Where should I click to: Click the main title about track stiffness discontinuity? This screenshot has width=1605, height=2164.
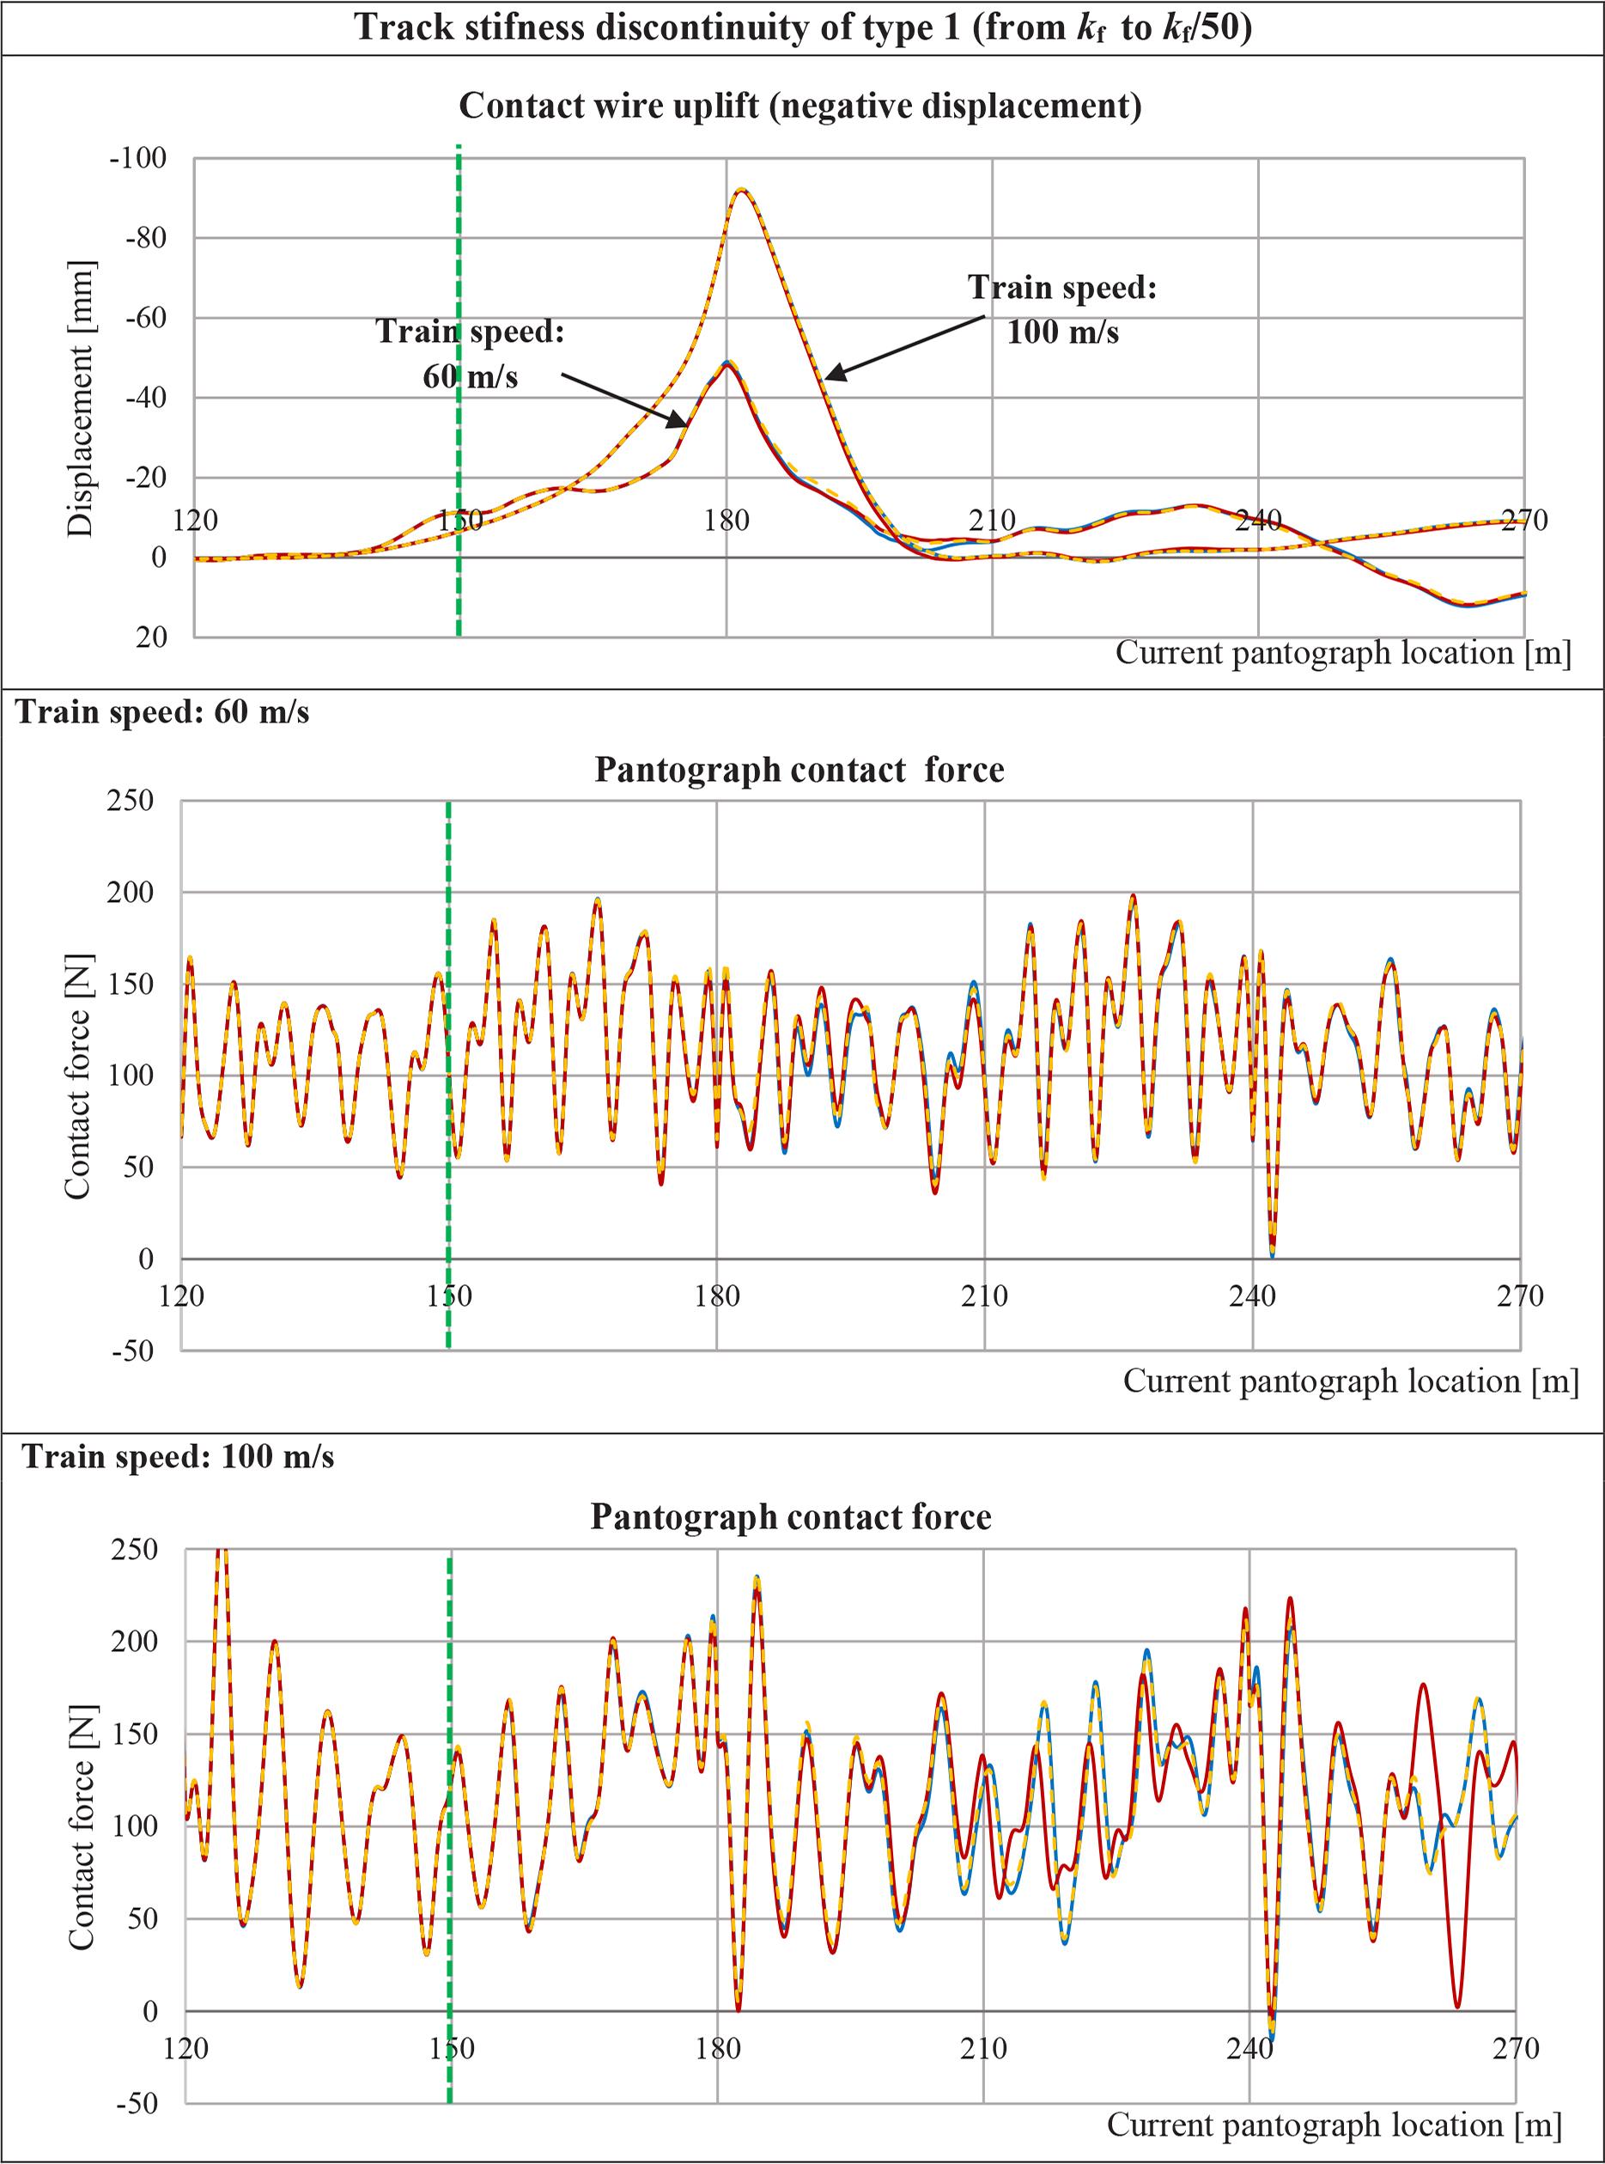(x=802, y=27)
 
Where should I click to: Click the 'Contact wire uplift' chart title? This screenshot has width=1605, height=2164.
(x=799, y=106)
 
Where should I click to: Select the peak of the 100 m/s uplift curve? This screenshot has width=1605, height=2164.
(x=742, y=190)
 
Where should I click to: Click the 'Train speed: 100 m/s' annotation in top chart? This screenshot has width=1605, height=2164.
(x=1062, y=310)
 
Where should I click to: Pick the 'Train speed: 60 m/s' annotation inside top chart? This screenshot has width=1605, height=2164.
(x=471, y=354)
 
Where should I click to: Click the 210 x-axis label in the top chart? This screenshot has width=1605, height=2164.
(x=992, y=521)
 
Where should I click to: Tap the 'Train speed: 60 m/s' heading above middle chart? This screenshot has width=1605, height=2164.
(x=163, y=712)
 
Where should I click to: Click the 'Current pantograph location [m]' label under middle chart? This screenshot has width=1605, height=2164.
(x=1351, y=1381)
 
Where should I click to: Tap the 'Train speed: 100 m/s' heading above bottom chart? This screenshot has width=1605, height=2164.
(x=179, y=1458)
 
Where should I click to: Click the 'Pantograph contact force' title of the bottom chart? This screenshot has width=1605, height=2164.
(x=791, y=1517)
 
